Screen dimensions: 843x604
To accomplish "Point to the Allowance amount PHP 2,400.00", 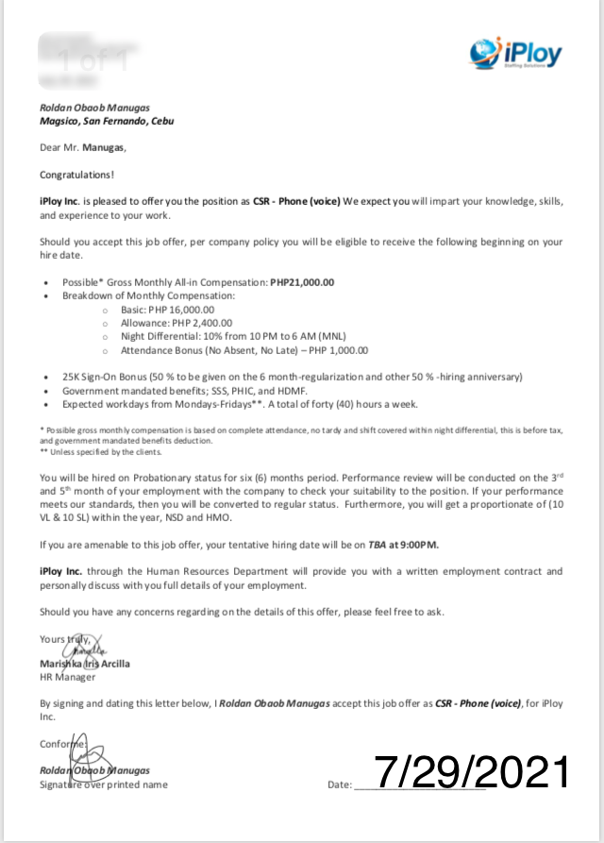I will click(196, 322).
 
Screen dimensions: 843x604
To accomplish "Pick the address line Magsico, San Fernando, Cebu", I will click(106, 121).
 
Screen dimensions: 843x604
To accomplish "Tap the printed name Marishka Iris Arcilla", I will click(85, 664).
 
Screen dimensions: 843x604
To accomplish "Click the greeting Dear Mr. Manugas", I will click(82, 147).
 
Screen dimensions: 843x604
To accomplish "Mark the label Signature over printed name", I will click(103, 784).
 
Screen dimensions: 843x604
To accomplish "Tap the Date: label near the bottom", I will click(339, 784).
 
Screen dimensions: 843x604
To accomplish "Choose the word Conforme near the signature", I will click(61, 744).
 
